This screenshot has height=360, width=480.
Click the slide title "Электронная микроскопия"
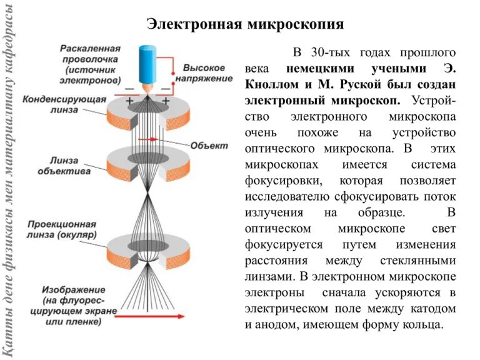tap(246, 24)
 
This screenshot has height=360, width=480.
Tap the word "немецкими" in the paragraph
tap(319, 67)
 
